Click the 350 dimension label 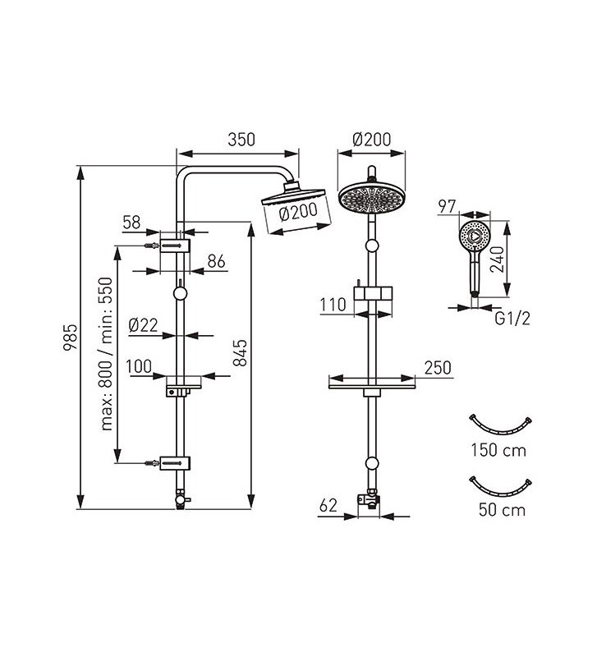tap(241, 140)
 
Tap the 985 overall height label tap(71, 338)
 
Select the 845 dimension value tap(240, 353)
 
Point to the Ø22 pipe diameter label tap(143, 324)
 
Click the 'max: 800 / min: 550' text tap(107, 354)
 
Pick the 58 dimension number tap(131, 223)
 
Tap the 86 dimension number tap(217, 261)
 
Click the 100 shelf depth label tap(139, 366)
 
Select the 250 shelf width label tap(438, 368)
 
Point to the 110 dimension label tap(333, 305)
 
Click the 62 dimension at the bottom tap(328, 506)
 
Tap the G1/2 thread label tap(512, 319)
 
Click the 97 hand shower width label tap(447, 206)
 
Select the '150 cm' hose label tap(498, 450)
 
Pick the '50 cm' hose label tap(502, 510)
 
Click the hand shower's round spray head tap(475, 236)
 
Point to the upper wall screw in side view tap(152, 245)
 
